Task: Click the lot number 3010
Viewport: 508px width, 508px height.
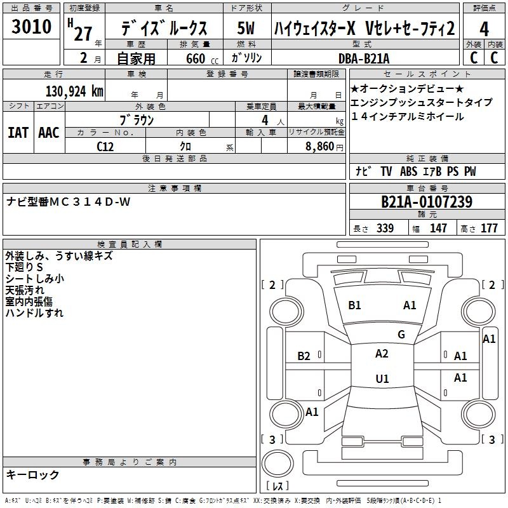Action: [x=31, y=26]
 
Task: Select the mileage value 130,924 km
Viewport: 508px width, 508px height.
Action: [x=74, y=91]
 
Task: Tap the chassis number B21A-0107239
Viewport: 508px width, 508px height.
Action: [x=427, y=202]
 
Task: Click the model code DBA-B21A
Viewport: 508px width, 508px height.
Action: [x=364, y=58]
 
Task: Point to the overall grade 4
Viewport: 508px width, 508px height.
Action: [x=484, y=29]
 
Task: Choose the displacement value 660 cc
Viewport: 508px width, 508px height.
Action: [x=202, y=58]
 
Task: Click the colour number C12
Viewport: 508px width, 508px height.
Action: [x=105, y=147]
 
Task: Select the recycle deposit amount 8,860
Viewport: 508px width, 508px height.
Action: [x=319, y=147]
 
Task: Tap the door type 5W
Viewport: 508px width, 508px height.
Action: [x=246, y=28]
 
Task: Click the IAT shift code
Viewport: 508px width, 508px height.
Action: [x=18, y=133]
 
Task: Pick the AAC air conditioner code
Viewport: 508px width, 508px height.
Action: [x=49, y=133]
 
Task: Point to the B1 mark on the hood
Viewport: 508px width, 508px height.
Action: [x=354, y=305]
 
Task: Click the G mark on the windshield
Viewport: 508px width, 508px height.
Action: [x=401, y=335]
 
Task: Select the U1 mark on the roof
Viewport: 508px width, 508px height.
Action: [x=382, y=378]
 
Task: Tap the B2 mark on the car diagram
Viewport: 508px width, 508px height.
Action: [x=304, y=356]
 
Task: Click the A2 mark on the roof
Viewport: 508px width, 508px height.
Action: [x=382, y=354]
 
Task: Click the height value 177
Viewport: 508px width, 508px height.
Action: [x=489, y=228]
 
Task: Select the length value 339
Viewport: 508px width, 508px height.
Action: [x=385, y=228]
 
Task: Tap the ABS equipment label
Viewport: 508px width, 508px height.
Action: [x=408, y=171]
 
